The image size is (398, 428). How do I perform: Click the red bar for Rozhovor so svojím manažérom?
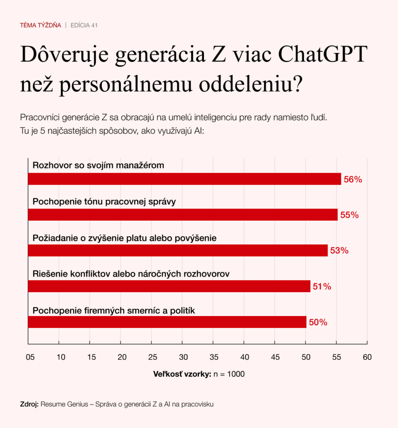[x=184, y=179]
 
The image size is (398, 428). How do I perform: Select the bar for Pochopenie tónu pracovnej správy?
[x=182, y=215]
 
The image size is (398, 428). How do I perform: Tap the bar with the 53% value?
[x=177, y=250]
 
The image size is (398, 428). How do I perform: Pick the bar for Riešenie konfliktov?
[x=169, y=286]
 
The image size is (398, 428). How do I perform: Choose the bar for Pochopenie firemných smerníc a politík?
[x=167, y=322]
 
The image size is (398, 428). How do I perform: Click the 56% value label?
[x=353, y=180]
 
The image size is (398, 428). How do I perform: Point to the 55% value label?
[x=349, y=215]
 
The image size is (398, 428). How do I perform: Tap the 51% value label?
[x=322, y=287]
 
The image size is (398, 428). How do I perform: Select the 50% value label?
[x=318, y=322]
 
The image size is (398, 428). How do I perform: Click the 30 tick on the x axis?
[x=183, y=357]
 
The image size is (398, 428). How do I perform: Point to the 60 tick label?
[x=367, y=357]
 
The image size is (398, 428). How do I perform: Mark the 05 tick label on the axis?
[x=30, y=357]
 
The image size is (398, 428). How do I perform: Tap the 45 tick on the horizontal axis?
[x=275, y=357]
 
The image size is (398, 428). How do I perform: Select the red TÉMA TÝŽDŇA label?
[x=40, y=25]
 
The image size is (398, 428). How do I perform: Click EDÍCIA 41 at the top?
[x=84, y=25]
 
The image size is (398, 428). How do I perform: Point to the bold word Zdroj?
[x=29, y=404]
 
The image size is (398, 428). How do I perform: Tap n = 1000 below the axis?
[x=229, y=374]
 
